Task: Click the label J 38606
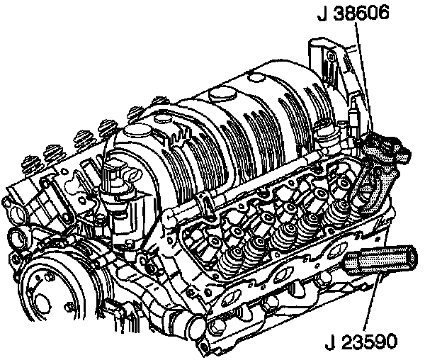[x=353, y=13]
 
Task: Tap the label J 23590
[x=361, y=342]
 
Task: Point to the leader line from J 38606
[x=363, y=77]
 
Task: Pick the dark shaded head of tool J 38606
[x=387, y=147]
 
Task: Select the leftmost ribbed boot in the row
[x=32, y=164]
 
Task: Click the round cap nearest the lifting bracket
[x=256, y=77]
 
